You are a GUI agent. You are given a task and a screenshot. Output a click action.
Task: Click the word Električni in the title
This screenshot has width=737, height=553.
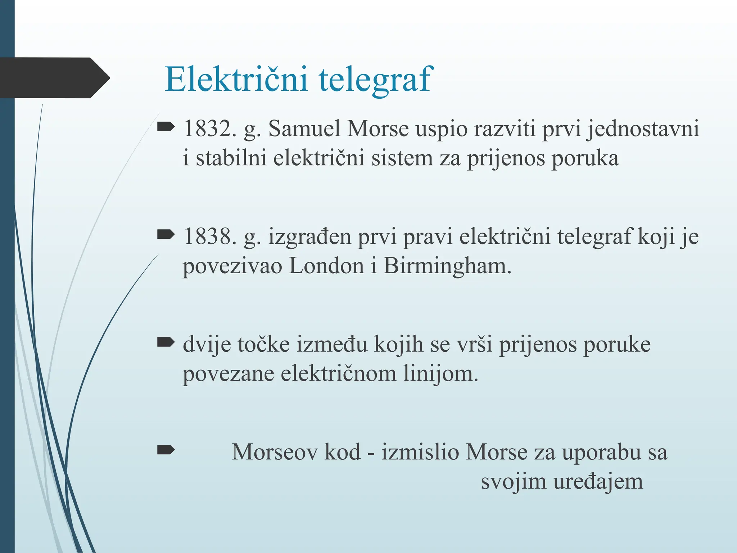236,79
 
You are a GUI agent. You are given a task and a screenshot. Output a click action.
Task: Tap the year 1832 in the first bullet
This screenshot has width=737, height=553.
207,129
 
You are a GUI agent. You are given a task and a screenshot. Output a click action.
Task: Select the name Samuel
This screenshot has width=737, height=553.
304,129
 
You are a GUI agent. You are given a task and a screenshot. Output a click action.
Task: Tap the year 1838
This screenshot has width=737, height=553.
207,237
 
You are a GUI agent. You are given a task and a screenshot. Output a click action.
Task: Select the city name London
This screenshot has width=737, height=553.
326,266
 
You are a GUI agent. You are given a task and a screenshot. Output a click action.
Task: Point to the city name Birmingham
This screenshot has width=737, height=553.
447,267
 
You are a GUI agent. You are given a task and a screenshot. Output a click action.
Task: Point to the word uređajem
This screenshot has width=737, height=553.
598,481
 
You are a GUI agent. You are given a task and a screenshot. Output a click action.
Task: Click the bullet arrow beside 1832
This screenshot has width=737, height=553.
166,127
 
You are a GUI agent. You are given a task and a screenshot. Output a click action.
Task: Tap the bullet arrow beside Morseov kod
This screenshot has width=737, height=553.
166,450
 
